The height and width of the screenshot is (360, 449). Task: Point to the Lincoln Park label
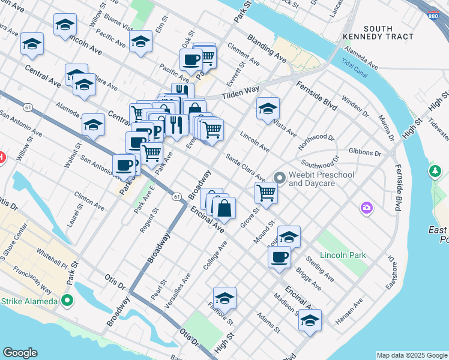pyautogui.click(x=343, y=255)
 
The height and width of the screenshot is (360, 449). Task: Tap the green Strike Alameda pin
pyautogui.click(x=67, y=301)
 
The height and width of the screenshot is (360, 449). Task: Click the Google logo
pyautogui.click(x=20, y=353)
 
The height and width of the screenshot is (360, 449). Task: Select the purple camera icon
pyautogui.click(x=366, y=208)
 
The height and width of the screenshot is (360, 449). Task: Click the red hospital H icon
pyautogui.click(x=2, y=159)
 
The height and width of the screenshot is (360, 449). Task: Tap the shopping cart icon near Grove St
pyautogui.click(x=266, y=193)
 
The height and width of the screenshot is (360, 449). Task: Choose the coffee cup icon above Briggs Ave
pyautogui.click(x=279, y=257)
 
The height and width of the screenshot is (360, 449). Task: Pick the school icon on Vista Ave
pyautogui.click(x=268, y=109)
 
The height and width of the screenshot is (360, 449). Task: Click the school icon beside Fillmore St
pyautogui.click(x=224, y=298)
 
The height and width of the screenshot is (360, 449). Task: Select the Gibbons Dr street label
pyautogui.click(x=366, y=153)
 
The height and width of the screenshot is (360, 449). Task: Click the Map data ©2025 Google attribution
pyautogui.click(x=412, y=355)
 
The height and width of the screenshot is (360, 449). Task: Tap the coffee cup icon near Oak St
pyautogui.click(x=191, y=60)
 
